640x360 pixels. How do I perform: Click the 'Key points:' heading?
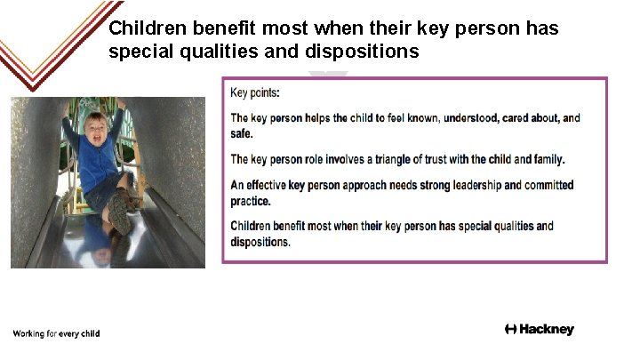[254, 92]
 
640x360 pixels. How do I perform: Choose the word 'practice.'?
[251, 201]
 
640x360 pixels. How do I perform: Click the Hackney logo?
[539, 330]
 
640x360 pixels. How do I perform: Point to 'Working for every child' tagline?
[56, 334]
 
